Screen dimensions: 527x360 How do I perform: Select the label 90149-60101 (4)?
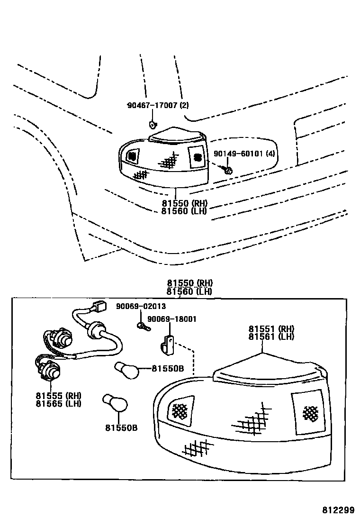pyautogui.click(x=244, y=154)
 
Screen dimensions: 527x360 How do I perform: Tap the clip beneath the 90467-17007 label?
pyautogui.click(x=153, y=125)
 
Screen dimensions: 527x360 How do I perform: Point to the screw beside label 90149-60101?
pyautogui.click(x=228, y=169)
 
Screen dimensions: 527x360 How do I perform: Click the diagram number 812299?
pyautogui.click(x=338, y=510)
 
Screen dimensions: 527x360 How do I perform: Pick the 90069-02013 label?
pyautogui.click(x=141, y=306)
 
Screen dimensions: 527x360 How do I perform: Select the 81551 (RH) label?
pyautogui.click(x=271, y=328)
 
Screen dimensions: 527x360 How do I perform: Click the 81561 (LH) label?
pyautogui.click(x=271, y=336)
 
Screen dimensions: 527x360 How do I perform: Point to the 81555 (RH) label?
pyautogui.click(x=58, y=395)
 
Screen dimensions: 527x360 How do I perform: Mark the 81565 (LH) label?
pyautogui.click(x=58, y=403)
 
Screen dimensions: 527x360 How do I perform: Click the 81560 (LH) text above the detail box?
pyautogui.click(x=189, y=291)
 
